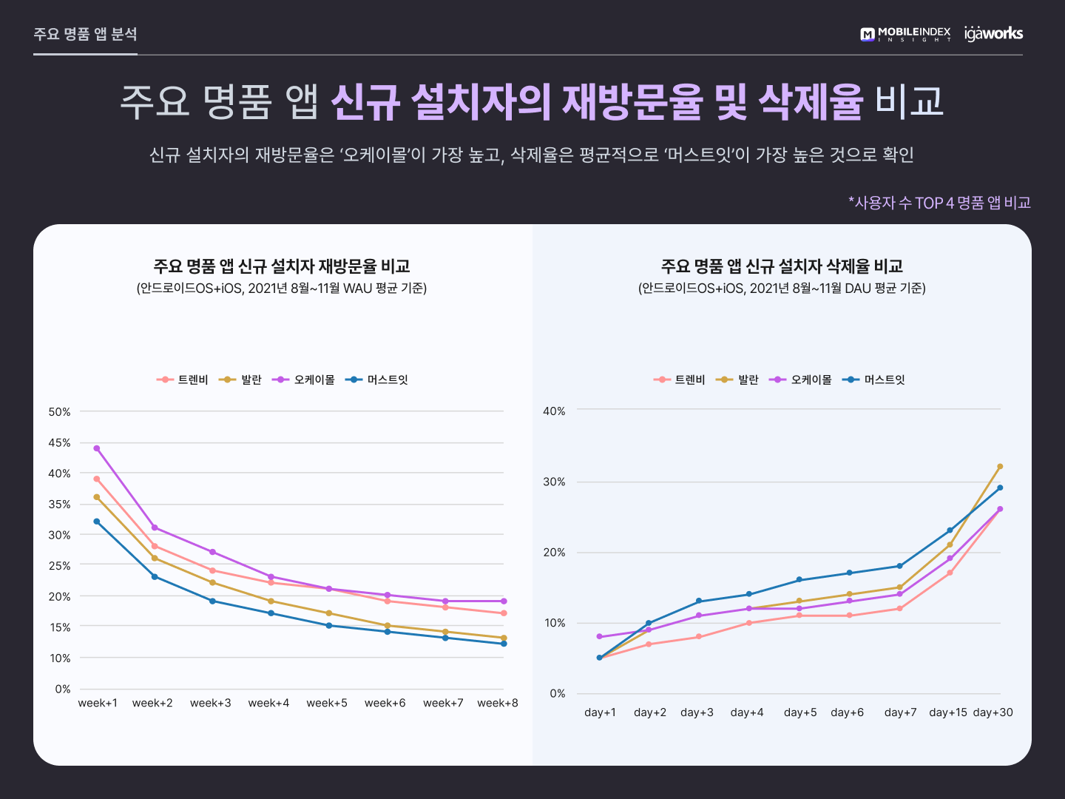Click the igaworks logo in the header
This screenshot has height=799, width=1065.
[993, 33]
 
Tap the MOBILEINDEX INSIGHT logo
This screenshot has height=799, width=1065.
[905, 34]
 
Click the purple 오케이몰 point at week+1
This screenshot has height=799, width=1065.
[97, 448]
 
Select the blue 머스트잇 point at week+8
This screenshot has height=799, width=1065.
[504, 644]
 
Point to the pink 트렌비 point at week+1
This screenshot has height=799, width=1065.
[97, 479]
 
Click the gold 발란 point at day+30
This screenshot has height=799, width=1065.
[1000, 467]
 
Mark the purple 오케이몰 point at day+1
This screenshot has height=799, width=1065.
[599, 636]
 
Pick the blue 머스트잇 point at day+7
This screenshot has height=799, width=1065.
[900, 566]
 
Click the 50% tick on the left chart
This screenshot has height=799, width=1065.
[60, 412]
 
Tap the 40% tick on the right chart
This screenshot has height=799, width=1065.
[554, 411]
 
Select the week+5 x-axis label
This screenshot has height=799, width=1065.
[327, 703]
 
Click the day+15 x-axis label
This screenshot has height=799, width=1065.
[948, 712]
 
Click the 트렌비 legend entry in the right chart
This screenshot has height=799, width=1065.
[680, 380]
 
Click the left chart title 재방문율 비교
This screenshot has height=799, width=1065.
[282, 266]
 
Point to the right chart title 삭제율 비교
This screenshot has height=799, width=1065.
[782, 266]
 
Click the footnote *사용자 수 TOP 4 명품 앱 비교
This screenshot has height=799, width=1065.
[939, 203]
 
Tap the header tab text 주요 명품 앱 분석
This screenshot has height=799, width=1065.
[85, 34]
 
